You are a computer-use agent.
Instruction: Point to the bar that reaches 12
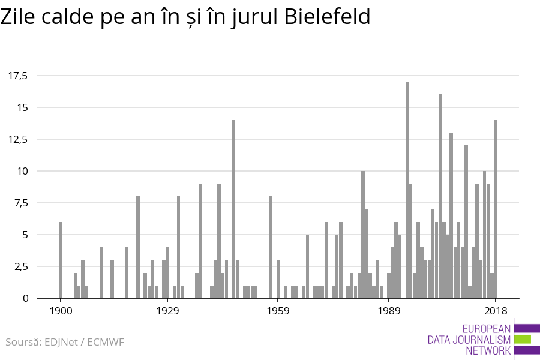point(466,221)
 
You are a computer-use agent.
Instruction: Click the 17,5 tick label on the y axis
point(18,76)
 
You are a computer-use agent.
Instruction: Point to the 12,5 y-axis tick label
point(18,139)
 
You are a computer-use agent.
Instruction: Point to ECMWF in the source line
point(106,343)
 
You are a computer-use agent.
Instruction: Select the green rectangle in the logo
point(523,339)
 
